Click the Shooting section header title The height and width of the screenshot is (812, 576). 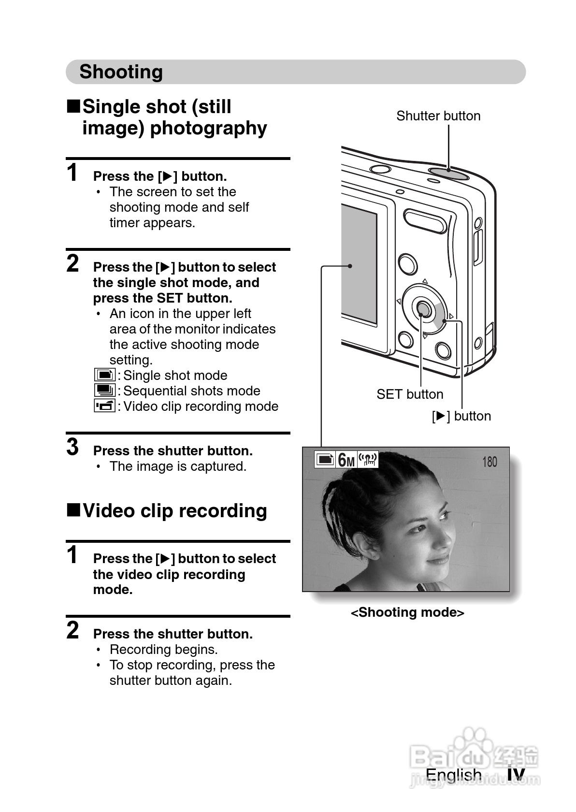(121, 72)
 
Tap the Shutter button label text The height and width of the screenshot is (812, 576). (438, 116)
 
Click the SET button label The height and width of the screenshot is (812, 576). (410, 394)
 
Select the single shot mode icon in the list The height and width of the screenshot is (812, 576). (105, 375)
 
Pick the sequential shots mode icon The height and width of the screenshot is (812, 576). (105, 391)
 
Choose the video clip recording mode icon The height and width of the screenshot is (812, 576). (105, 406)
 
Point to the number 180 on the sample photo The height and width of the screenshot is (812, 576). (489, 462)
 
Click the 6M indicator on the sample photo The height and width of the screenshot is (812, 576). (346, 460)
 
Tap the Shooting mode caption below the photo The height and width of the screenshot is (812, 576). (407, 612)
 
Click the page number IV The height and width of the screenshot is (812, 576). (516, 775)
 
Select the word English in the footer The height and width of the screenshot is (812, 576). (454, 775)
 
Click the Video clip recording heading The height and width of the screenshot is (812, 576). (174, 511)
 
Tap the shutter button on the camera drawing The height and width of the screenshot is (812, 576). (448, 173)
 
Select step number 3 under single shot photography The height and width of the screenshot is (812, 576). (72, 447)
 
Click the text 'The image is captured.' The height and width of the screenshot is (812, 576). (178, 466)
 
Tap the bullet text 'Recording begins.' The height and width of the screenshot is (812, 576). (163, 650)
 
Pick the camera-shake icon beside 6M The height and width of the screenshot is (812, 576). (368, 460)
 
